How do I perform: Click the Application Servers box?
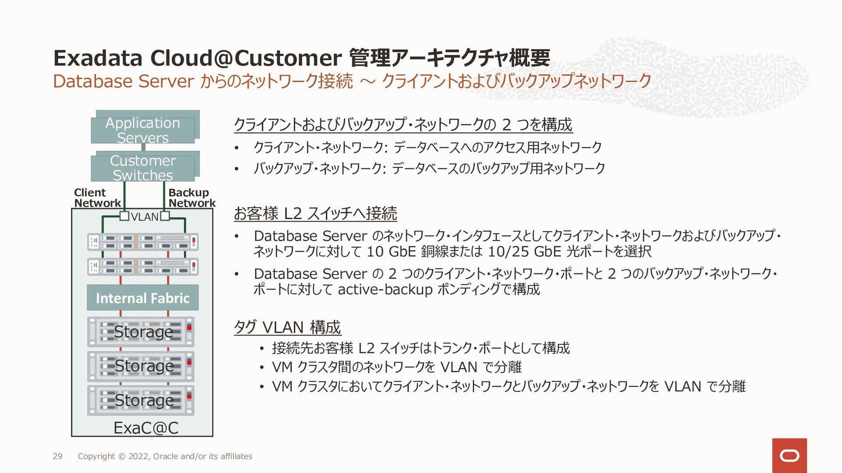[x=143, y=130]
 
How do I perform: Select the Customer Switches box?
[x=143, y=168]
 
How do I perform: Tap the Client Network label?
[x=97, y=198]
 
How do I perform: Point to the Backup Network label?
[x=191, y=198]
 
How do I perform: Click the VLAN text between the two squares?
[x=144, y=217]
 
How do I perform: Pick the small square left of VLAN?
[x=125, y=216]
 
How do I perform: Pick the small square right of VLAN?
[x=165, y=216]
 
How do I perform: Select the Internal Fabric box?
[x=143, y=298]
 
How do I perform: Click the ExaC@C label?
[x=146, y=428]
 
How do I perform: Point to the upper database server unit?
[x=143, y=242]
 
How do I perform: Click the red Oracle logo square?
[x=789, y=455]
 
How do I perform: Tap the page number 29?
[x=57, y=456]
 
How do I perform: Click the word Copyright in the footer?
[x=96, y=456]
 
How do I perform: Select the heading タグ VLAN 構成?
[x=287, y=327]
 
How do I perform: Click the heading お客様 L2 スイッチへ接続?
[x=315, y=213]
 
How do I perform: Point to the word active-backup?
[x=385, y=289]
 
